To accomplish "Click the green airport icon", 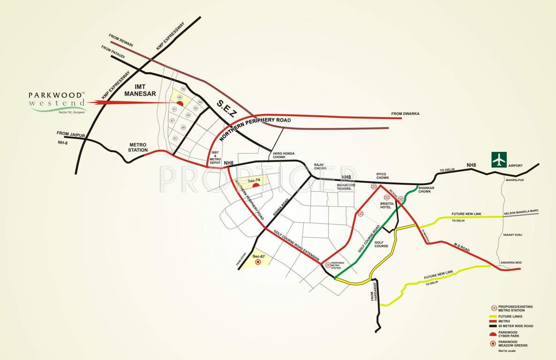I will pyautogui.click(x=499, y=160).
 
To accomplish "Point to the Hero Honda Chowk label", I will pyautogui.click(x=281, y=155).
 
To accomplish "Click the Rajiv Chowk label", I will pyautogui.click(x=320, y=167).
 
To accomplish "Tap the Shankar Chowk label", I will pyautogui.click(x=424, y=189).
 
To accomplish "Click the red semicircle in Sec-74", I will pyautogui.click(x=256, y=186).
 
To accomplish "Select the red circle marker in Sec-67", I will pyautogui.click(x=257, y=262).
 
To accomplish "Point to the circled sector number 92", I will pyautogui.click(x=179, y=97).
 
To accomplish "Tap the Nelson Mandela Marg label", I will pyautogui.click(x=521, y=214).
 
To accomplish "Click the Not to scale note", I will pyautogui.click(x=507, y=351).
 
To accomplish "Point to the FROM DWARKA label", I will pyautogui.click(x=405, y=113).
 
